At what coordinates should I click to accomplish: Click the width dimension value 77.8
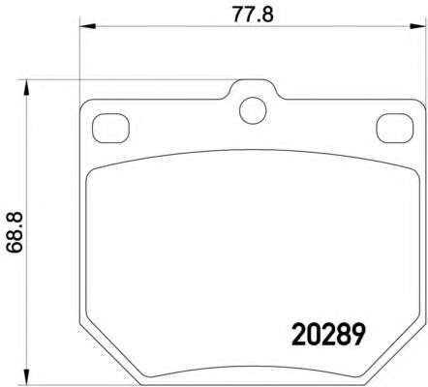[x=253, y=15]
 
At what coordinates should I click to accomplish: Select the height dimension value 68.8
[x=15, y=232]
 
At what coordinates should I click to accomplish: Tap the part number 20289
[x=328, y=335]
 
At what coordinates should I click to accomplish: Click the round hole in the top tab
[x=253, y=110]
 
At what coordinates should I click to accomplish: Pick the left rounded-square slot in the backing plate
[x=110, y=129]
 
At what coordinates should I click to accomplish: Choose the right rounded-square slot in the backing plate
[x=395, y=129]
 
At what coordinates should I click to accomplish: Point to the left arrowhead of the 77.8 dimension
[x=87, y=26]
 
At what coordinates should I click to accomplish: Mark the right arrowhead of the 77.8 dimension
[x=419, y=26]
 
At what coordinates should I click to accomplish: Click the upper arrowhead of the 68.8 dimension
[x=26, y=88]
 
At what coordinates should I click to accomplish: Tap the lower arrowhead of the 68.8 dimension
[x=26, y=376]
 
